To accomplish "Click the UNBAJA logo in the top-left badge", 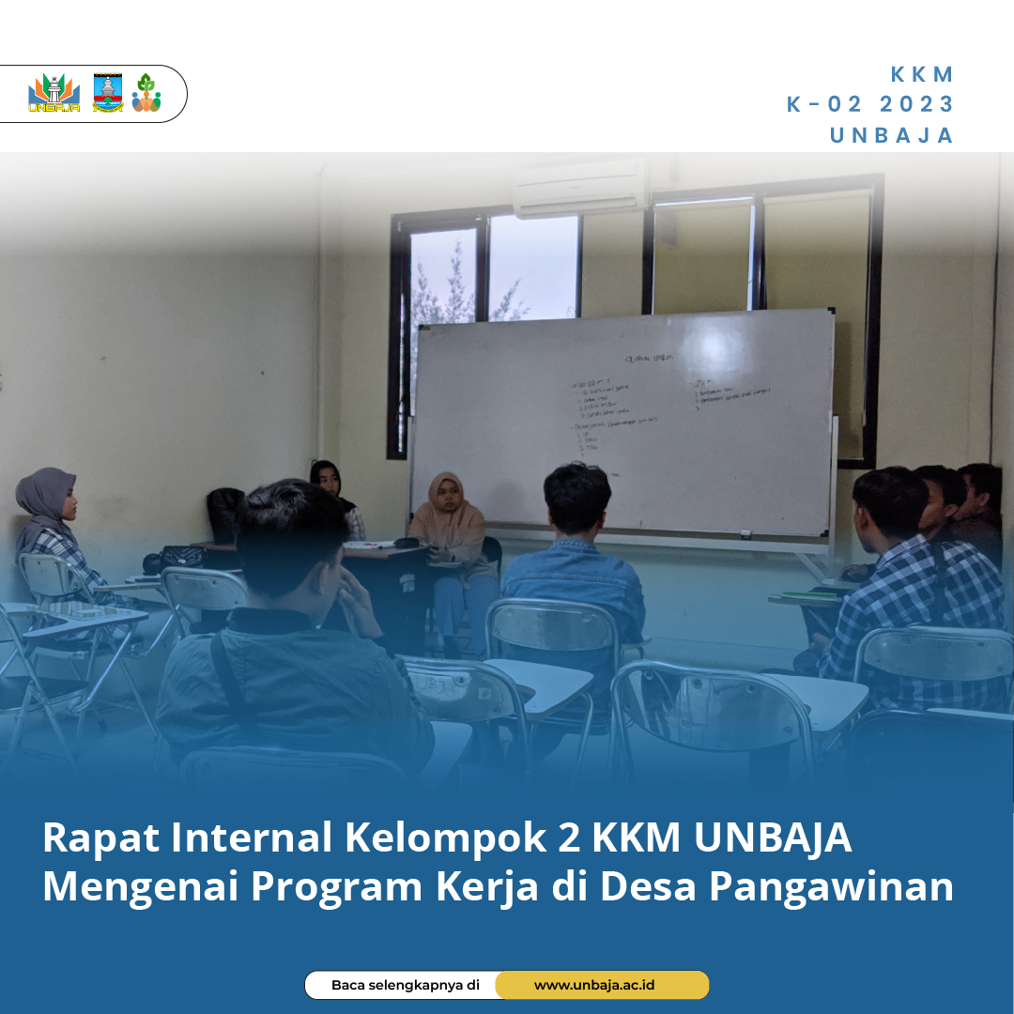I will point(54,94).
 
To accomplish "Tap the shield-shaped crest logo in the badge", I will point(108,93).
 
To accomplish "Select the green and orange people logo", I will point(146,93).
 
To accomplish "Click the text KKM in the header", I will point(922,75).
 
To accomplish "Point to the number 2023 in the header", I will point(916,104).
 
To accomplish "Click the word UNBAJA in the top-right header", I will point(891,135).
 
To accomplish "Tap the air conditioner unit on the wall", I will point(579,188).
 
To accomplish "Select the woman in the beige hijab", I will point(449,516).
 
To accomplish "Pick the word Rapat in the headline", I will point(100,838).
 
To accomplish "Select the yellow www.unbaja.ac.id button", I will point(601,985).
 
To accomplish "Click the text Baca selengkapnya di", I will point(405,985).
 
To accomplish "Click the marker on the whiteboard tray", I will point(746,534).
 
